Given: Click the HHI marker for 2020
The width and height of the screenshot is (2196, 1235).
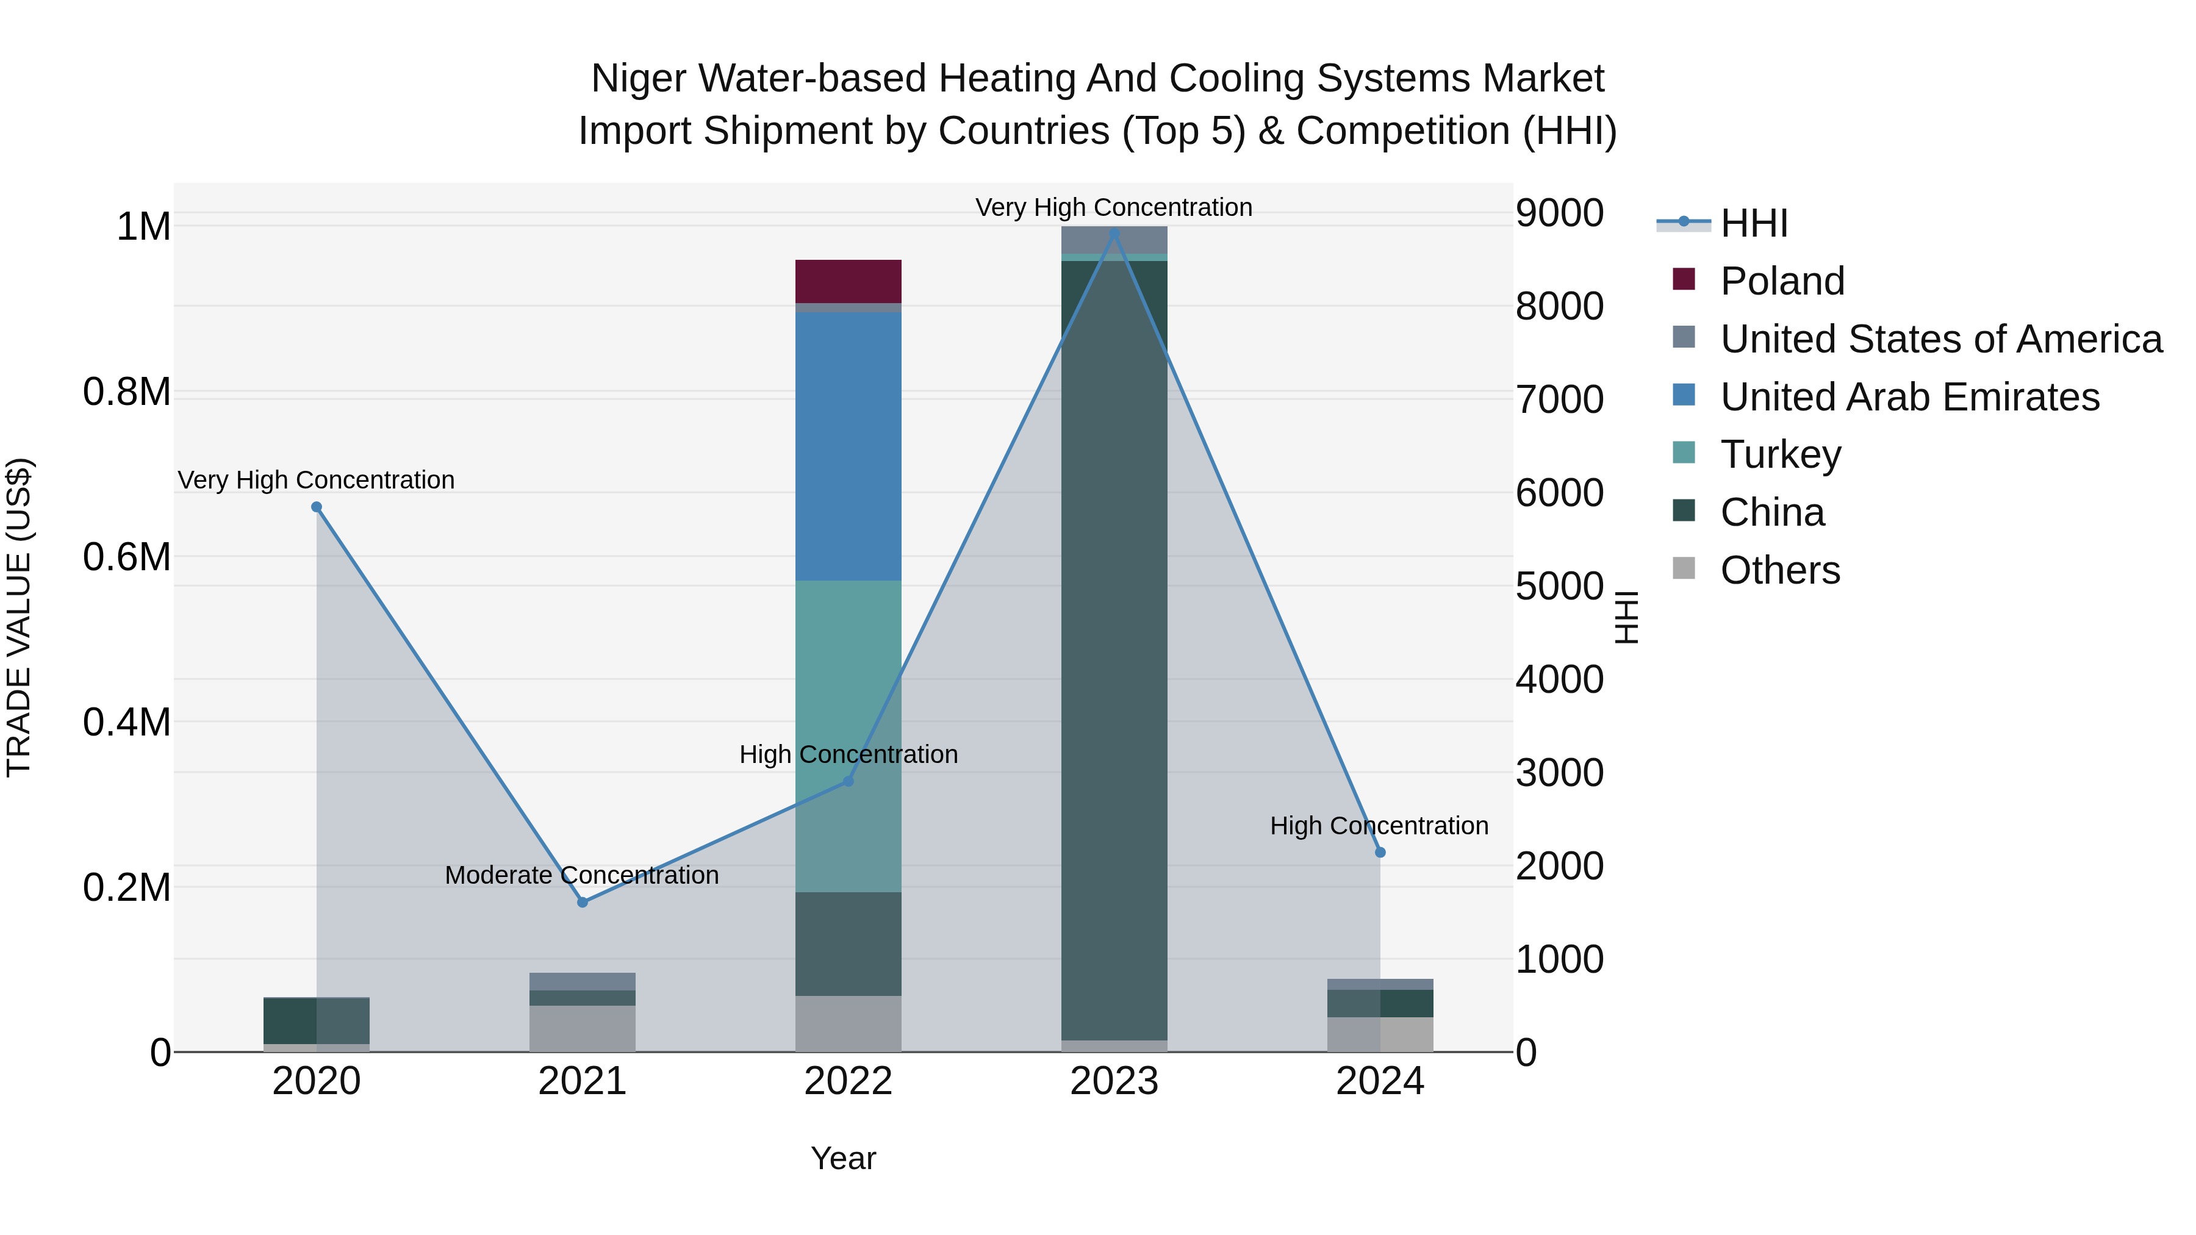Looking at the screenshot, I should [x=316, y=507].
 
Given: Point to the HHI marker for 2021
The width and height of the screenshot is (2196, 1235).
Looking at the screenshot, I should [x=583, y=902].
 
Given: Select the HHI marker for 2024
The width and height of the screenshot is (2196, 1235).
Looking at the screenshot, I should [x=1380, y=853].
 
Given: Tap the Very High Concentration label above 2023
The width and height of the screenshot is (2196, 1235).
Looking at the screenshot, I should [x=1113, y=207].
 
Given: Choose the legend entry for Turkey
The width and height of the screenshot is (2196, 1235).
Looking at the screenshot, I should [x=1780, y=454].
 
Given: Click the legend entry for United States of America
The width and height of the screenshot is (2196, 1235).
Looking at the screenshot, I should [x=1940, y=339].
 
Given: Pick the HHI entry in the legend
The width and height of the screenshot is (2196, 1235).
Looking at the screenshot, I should [x=1753, y=223].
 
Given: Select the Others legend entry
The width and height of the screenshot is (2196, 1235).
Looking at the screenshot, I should [x=1779, y=570].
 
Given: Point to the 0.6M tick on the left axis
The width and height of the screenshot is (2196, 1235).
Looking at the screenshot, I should [x=127, y=557].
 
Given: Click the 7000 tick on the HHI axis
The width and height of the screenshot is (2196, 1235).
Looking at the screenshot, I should [x=1559, y=399].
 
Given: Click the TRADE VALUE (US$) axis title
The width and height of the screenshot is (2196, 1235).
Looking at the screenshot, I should [x=19, y=617].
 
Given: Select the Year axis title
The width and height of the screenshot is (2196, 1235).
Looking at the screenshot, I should [x=843, y=1158].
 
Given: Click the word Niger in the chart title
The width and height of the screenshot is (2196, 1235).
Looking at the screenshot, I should [x=639, y=79].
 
